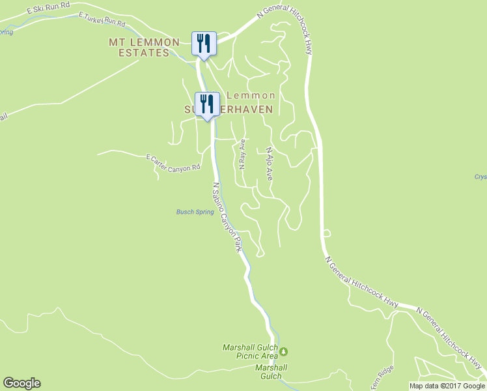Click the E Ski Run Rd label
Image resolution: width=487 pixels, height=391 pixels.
(48, 11)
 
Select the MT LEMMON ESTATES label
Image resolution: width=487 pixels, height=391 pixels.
(145, 48)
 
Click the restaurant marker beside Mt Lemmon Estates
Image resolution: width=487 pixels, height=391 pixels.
(204, 44)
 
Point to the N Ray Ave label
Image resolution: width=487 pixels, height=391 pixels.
(242, 154)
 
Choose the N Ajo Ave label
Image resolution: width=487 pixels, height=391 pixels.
(269, 164)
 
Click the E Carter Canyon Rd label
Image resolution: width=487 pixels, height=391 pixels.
(173, 164)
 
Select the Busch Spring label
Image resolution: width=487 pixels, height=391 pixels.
(195, 212)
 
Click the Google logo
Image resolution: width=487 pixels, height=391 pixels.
(21, 383)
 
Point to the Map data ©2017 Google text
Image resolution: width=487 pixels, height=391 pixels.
(447, 386)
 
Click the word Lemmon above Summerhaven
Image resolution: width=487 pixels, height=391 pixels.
(251, 95)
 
